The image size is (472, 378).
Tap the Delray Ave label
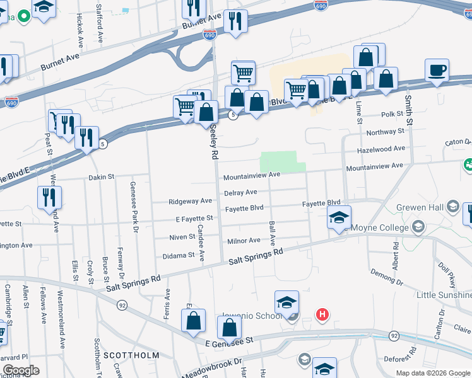coord(240,192)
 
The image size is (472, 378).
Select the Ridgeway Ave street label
coord(190,202)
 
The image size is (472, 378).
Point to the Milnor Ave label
coord(244,241)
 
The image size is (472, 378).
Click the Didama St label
coord(179,256)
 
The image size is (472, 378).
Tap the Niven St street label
coord(182,237)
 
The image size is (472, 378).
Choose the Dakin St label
coord(101,178)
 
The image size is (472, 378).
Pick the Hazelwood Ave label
coord(381,149)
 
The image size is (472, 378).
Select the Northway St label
coord(385,132)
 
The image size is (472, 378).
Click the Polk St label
coord(392,115)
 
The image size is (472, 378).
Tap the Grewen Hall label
coord(418,207)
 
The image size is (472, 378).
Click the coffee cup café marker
coord(436,69)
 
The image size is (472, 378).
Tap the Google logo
coord(21,370)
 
